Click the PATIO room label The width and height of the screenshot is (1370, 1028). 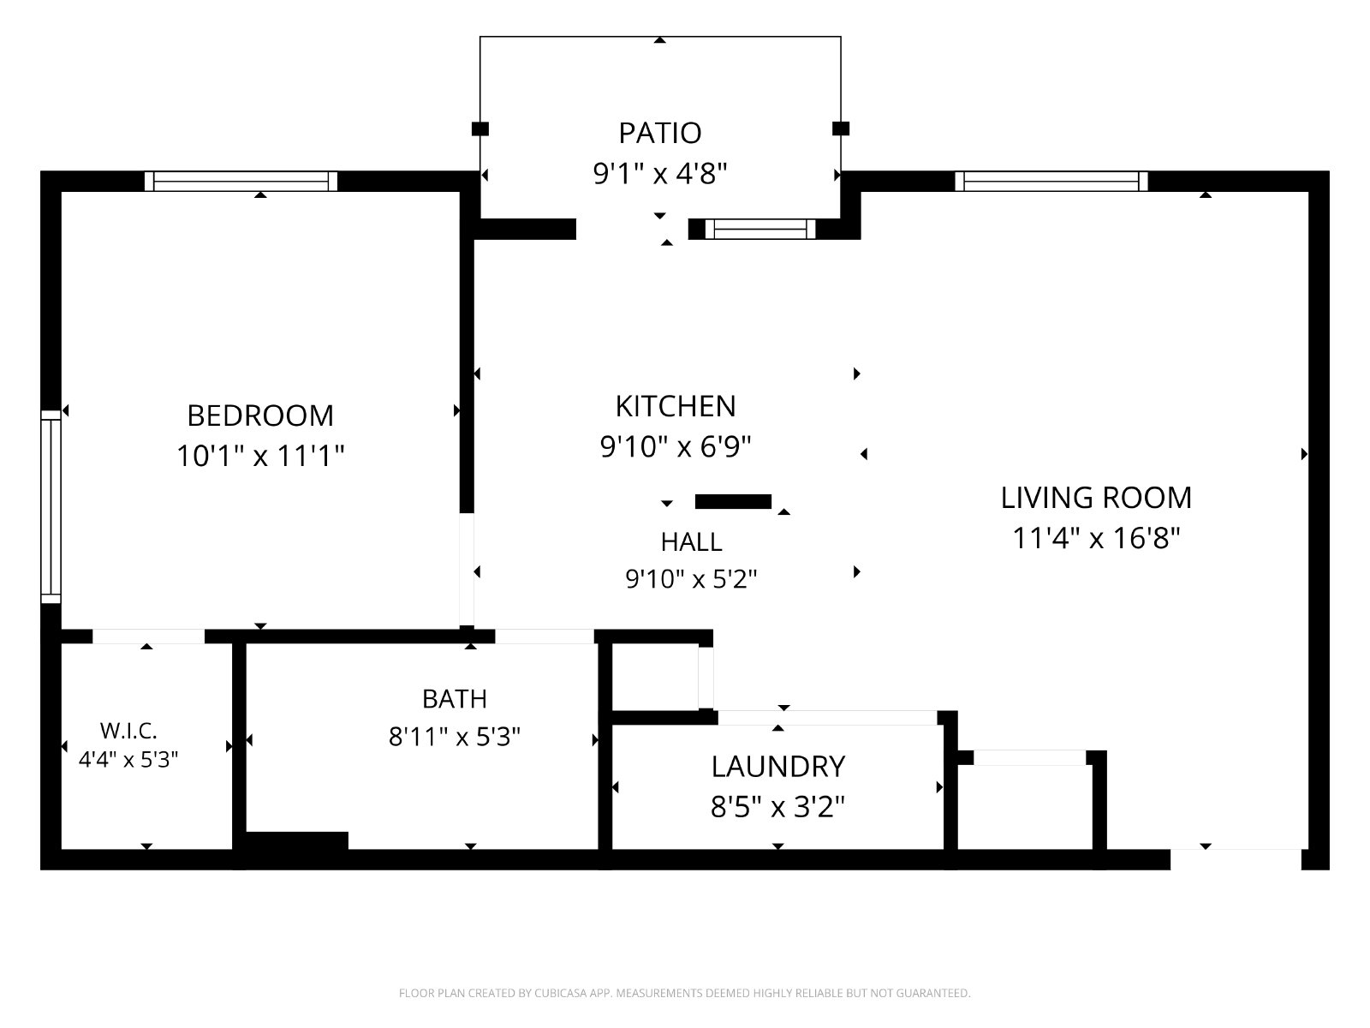click(x=659, y=133)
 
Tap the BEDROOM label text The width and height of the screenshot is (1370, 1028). click(x=260, y=415)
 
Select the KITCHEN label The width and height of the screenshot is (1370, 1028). click(x=676, y=406)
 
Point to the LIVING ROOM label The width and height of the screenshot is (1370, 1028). click(x=1096, y=498)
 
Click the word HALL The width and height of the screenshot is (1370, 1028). click(x=692, y=541)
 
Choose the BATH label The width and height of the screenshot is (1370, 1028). click(x=455, y=699)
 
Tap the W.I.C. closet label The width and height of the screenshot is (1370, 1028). click(x=128, y=730)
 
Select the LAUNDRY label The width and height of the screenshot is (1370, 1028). click(x=777, y=767)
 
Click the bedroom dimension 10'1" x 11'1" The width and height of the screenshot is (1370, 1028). click(x=260, y=456)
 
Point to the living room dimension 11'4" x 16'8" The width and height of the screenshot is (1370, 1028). click(x=1096, y=538)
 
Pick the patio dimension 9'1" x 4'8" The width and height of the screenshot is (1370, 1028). click(x=659, y=174)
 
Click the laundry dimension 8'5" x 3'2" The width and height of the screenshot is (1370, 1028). click(x=777, y=807)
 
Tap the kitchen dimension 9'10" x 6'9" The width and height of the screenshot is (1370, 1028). click(x=676, y=446)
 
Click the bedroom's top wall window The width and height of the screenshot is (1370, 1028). click(x=241, y=181)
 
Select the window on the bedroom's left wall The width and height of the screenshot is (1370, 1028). click(x=51, y=507)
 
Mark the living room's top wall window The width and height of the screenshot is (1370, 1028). click(x=1051, y=181)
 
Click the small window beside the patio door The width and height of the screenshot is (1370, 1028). click(x=760, y=229)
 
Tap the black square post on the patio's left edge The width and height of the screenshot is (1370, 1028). click(x=480, y=129)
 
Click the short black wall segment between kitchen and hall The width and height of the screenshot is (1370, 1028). click(x=733, y=502)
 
